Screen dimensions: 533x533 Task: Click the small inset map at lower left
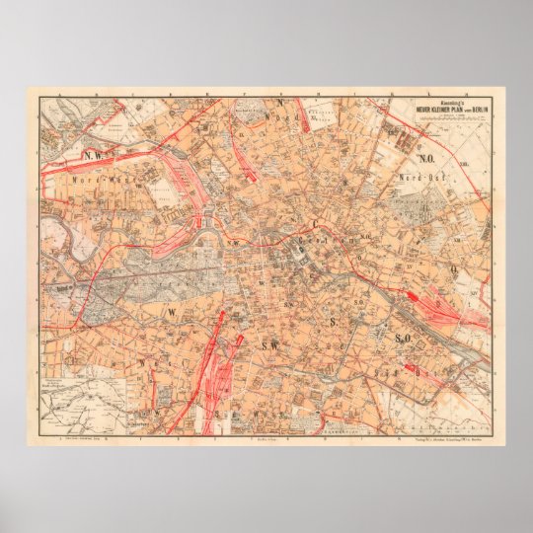[x=78, y=400]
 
